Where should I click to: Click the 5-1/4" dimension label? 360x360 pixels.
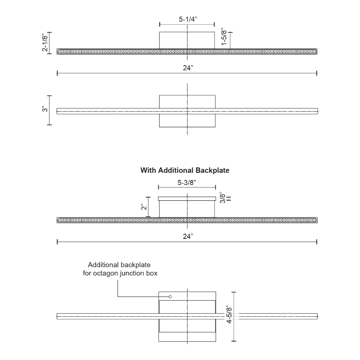tap(188, 19)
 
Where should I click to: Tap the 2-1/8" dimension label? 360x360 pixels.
tap(45, 42)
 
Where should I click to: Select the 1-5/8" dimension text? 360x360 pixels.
tap(224, 37)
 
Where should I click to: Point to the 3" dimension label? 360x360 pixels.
tap(45, 109)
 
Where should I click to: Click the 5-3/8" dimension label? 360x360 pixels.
tap(187, 183)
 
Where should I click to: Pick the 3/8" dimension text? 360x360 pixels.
tap(222, 198)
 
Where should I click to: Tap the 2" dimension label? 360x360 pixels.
tap(144, 207)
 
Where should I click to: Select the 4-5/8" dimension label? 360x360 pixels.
tap(229, 315)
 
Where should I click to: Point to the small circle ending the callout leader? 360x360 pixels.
tap(170, 297)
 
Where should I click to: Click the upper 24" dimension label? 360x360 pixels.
tap(188, 68)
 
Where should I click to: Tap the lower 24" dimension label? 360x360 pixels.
tap(188, 237)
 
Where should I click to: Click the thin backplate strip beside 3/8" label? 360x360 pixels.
tap(187, 198)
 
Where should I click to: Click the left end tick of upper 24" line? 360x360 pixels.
tap(57, 73)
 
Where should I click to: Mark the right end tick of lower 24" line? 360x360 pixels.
tap(317, 242)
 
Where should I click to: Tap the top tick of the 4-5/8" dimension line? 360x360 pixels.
tap(234, 292)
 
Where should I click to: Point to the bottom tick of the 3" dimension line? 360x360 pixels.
tap(49, 125)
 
